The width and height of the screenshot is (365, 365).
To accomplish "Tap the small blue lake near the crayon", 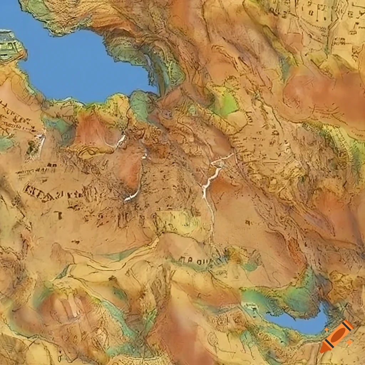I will click(x=299, y=323).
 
